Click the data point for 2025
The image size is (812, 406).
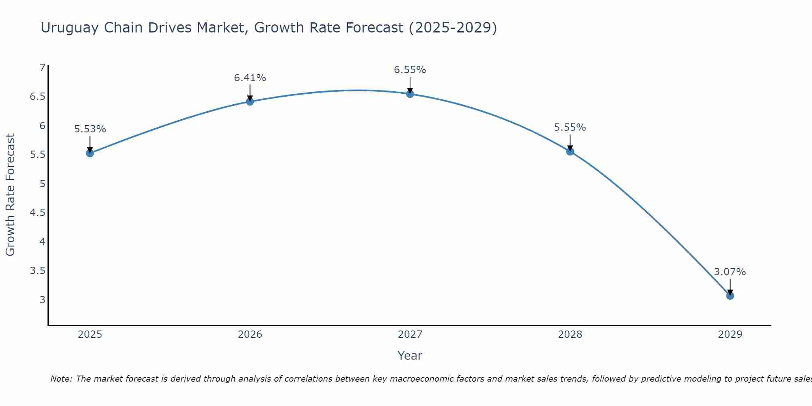90,153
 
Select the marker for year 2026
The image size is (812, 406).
250,101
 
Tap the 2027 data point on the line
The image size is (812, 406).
410,94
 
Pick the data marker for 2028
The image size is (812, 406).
570,151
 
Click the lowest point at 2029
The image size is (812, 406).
730,296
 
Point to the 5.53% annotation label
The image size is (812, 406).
90,129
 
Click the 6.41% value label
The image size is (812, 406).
250,78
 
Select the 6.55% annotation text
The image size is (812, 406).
410,70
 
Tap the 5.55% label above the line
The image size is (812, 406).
570,127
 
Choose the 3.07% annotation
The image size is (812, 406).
730,272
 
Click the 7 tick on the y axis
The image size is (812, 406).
42,67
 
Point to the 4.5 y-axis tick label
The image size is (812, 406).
37,213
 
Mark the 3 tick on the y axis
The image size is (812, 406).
42,300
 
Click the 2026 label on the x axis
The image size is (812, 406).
250,335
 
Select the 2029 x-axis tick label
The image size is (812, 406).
730,335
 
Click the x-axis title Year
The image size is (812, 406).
410,356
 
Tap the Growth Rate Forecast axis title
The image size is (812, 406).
10,195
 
